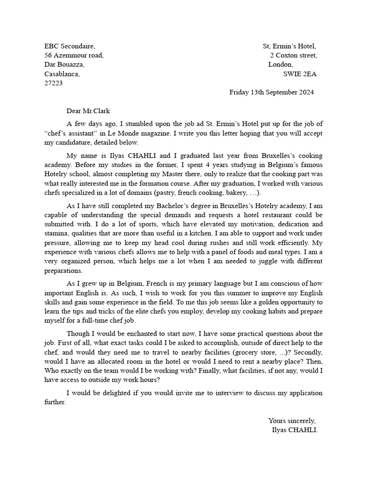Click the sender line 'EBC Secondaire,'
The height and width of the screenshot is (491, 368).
tap(69, 47)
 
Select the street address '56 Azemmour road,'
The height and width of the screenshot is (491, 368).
tap(74, 56)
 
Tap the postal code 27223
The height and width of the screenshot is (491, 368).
tap(53, 83)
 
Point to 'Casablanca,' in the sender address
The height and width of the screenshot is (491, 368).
tap(62, 74)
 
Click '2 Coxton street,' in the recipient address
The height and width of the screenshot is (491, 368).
tap(293, 56)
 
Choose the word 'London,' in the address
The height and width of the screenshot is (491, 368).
tap(281, 65)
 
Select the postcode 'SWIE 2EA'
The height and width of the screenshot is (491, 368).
tap(300, 74)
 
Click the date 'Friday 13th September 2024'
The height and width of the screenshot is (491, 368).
tap(272, 93)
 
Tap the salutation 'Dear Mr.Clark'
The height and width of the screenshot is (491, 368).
tap(88, 111)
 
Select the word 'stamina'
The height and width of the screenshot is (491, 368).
tap(56, 234)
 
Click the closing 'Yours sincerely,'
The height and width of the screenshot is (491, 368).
tap(292, 421)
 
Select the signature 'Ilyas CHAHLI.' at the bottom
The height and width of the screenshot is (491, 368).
tap(295, 430)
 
